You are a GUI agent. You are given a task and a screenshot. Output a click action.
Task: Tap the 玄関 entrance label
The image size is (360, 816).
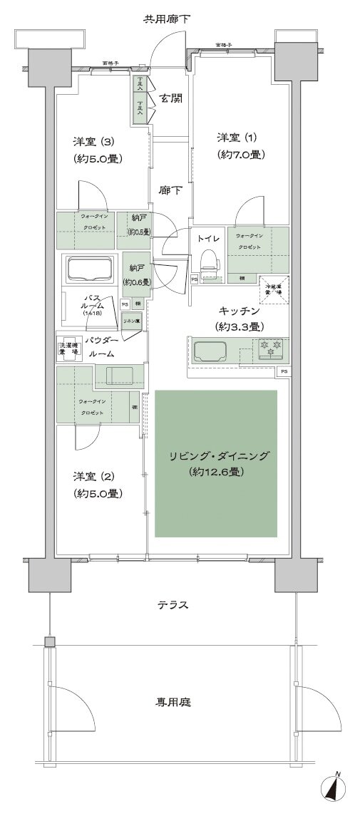[170, 98]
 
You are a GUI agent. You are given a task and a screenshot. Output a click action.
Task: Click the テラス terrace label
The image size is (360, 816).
[173, 605]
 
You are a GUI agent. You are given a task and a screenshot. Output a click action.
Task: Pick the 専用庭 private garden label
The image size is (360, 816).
[173, 702]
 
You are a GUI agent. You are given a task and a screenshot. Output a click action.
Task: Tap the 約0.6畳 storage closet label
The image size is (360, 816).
[135, 274]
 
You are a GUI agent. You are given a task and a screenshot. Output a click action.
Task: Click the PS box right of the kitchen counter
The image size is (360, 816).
[284, 372]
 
